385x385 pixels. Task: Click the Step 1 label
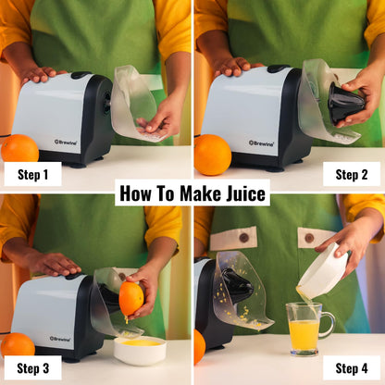32,174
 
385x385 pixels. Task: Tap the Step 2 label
352,174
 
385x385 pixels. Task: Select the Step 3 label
32,368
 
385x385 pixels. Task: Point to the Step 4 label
352,368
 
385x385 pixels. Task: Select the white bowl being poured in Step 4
323,271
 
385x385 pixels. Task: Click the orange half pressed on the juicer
131,298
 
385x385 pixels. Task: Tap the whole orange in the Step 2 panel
212,154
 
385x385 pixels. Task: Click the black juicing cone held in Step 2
346,104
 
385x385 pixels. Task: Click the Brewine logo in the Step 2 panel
261,143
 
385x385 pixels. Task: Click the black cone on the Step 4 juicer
238,285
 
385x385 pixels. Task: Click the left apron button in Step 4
243,237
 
